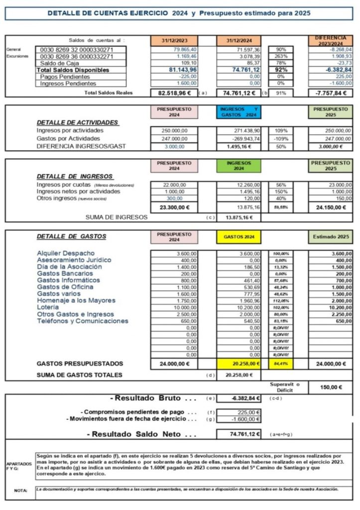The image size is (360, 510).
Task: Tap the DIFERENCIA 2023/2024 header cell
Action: tap(330, 41)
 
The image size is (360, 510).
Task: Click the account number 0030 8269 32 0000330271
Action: tap(81, 50)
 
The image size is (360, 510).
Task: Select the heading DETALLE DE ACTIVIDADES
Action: tap(77, 123)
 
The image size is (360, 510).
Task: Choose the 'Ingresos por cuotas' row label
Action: tap(68, 185)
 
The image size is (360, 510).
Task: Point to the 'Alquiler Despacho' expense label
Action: tap(66, 254)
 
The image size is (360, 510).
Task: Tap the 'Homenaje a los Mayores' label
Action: tap(76, 300)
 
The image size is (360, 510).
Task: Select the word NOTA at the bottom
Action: tap(21, 491)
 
